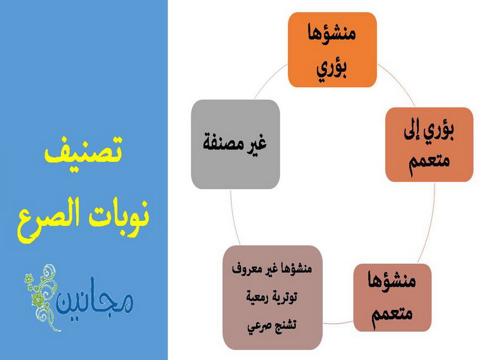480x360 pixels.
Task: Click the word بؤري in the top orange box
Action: pyautogui.click(x=332, y=69)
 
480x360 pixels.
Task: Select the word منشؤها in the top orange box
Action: pyautogui.click(x=332, y=33)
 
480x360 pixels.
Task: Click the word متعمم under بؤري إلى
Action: pyautogui.click(x=429, y=161)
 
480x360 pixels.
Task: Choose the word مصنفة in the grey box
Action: pyautogui.click(x=223, y=143)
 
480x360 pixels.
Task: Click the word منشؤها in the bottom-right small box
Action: pyautogui.click(x=392, y=280)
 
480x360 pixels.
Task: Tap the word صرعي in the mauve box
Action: pyautogui.click(x=258, y=326)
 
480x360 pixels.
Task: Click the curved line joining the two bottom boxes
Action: pyautogui.click(x=338, y=323)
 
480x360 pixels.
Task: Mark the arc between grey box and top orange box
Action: pyautogui.click(x=269, y=79)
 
